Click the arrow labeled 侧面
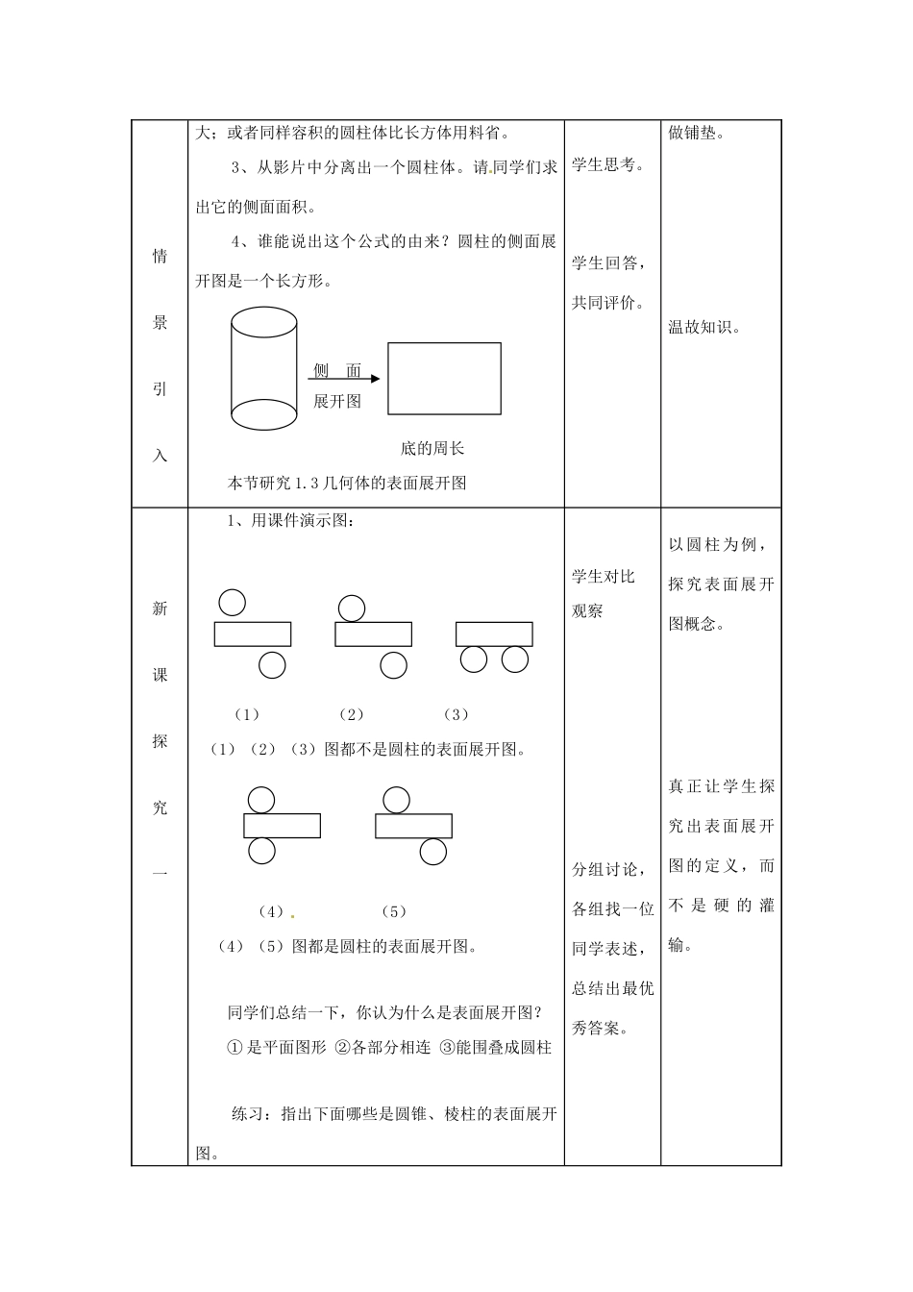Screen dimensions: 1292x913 (347, 379)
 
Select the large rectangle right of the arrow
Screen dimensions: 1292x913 (444, 379)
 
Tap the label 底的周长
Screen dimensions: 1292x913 (432, 448)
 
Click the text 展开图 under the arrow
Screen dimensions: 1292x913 (337, 402)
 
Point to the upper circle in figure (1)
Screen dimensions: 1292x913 (232, 602)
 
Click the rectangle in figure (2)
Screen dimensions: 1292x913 (373, 634)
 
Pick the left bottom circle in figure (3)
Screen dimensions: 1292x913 (474, 659)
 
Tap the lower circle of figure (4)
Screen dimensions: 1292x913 (261, 851)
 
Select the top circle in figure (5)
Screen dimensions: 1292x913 (395, 800)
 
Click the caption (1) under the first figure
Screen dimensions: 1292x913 (247, 714)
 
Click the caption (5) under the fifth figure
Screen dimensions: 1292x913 (394, 911)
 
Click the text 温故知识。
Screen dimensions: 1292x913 (704, 327)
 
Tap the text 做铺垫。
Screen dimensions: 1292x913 (696, 134)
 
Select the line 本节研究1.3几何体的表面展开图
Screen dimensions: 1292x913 (347, 483)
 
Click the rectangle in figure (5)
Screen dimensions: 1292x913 (413, 826)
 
